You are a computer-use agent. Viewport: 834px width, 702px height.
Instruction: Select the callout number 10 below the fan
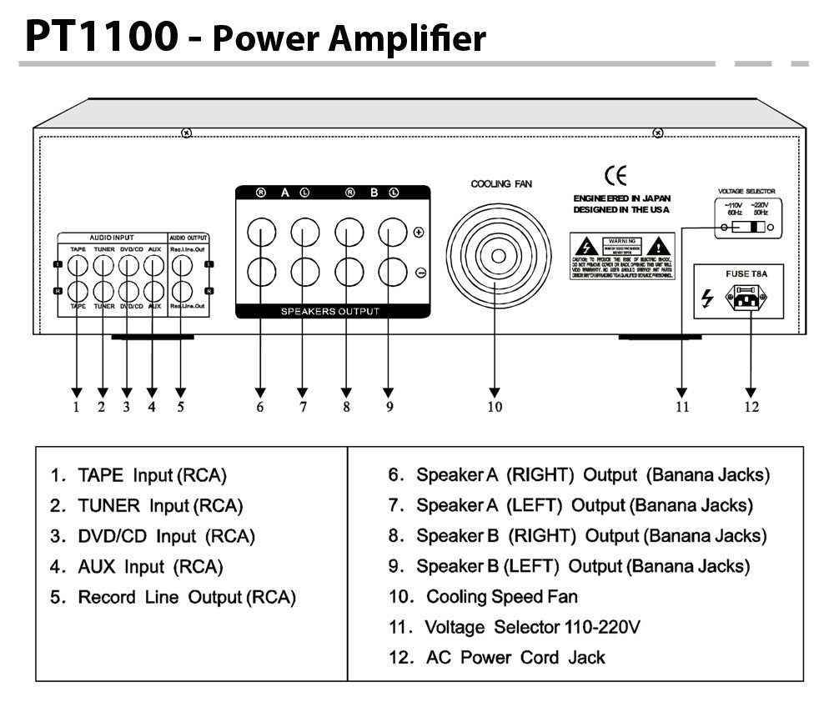pos(495,407)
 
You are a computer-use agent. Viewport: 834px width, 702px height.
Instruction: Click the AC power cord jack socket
pos(749,297)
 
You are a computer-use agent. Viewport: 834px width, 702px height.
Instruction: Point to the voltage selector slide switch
pos(748,227)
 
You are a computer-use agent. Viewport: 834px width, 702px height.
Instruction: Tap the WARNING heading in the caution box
pos(624,240)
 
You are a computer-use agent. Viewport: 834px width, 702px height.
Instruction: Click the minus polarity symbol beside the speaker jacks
pos(419,272)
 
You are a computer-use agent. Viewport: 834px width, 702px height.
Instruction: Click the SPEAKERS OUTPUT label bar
pos(333,311)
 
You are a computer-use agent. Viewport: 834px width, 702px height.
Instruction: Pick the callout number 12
pos(751,407)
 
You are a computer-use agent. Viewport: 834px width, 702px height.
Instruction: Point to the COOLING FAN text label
pos(500,183)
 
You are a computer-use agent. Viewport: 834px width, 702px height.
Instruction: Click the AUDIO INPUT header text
pos(112,238)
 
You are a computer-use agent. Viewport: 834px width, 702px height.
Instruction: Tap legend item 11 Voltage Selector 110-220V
pos(515,627)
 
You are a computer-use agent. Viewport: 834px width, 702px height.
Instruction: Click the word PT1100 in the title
pos(101,35)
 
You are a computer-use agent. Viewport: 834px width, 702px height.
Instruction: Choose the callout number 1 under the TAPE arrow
pos(76,407)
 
